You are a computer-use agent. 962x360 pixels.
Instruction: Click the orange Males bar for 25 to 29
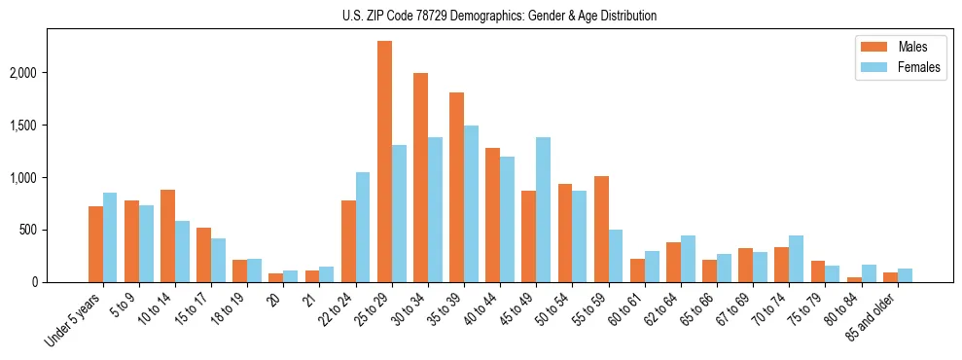(384, 162)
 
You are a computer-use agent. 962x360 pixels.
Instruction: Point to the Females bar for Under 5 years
(110, 237)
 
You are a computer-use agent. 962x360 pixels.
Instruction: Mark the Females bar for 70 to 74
(796, 259)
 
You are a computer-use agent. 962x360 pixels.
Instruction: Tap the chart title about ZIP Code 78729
(499, 16)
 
